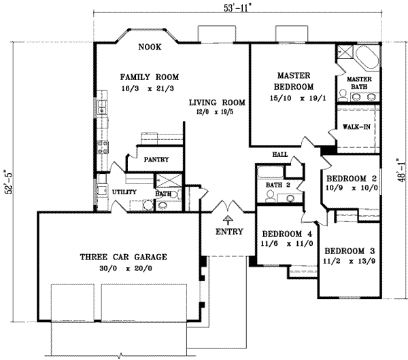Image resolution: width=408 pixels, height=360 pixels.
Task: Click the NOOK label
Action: click(x=149, y=48)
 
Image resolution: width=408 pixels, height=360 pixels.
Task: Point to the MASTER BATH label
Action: click(x=359, y=83)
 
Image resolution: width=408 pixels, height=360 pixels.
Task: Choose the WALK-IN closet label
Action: click(x=356, y=126)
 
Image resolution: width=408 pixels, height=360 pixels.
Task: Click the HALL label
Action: click(x=279, y=155)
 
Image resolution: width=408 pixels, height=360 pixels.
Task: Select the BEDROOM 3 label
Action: click(x=350, y=249)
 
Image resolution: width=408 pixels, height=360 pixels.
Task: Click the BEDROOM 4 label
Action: click(x=286, y=234)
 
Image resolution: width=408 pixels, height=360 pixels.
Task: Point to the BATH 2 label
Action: click(x=279, y=185)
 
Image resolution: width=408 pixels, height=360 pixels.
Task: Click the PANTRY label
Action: click(x=156, y=160)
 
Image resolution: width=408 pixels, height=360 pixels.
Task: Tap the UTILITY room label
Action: click(x=125, y=192)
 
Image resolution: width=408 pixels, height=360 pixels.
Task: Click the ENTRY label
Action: click(x=228, y=232)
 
